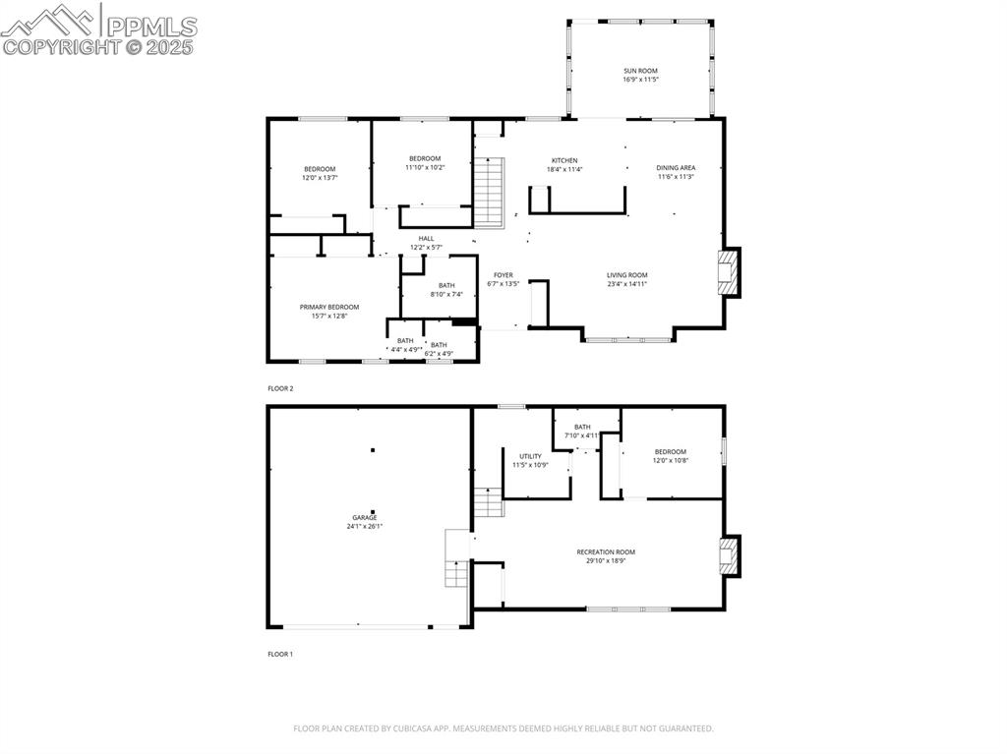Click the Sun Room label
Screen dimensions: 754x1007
coord(640,71)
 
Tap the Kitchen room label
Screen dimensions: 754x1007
coord(564,160)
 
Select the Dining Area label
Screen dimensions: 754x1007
coord(676,168)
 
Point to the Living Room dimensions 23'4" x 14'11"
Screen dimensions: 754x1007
coord(626,284)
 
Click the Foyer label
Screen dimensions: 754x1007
coord(503,275)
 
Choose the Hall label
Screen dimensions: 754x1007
coord(426,238)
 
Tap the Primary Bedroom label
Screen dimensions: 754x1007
coord(329,307)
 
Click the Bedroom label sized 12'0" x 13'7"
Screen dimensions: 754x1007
coord(320,169)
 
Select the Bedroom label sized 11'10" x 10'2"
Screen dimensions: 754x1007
coord(425,158)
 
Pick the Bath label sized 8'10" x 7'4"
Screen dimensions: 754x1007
coord(445,285)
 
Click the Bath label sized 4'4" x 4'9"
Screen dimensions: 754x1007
coord(405,341)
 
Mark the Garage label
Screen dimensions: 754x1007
coord(365,517)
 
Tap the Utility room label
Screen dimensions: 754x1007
coord(530,456)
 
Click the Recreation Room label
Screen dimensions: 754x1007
coord(606,552)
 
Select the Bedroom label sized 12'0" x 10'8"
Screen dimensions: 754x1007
coord(671,451)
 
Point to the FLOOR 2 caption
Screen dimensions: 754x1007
coord(280,388)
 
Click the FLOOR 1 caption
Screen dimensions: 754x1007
coord(280,654)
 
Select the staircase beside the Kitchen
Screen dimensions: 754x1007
coord(489,192)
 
